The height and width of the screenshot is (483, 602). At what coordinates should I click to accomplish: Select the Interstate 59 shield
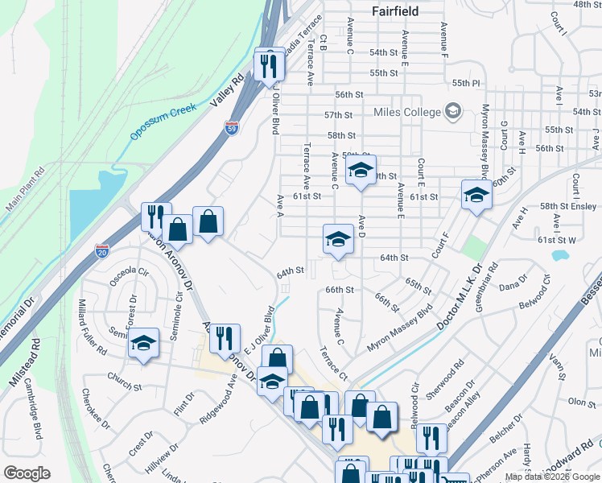click(x=231, y=128)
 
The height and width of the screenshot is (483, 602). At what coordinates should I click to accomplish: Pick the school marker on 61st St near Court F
click(x=476, y=194)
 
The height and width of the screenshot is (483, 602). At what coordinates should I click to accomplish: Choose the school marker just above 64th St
click(x=338, y=238)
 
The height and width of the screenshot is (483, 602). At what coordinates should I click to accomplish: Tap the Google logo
click(x=27, y=473)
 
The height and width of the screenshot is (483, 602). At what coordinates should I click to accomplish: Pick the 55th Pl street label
click(x=465, y=83)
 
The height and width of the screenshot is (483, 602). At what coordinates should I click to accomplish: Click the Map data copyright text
click(x=552, y=477)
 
